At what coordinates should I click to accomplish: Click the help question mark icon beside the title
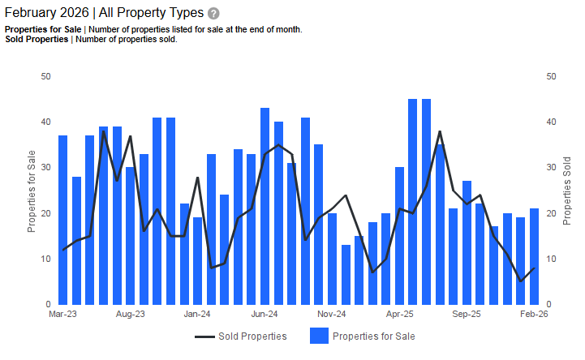(213, 14)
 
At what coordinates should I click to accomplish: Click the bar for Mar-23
(62, 220)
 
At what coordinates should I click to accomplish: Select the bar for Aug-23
(130, 235)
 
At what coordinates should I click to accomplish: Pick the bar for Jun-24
(265, 206)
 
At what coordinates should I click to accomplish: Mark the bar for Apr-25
(399, 235)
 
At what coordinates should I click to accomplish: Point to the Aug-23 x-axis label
(130, 313)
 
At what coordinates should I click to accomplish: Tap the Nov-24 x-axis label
(332, 313)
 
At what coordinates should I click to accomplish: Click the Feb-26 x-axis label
(534, 313)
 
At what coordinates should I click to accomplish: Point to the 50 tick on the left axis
(45, 76)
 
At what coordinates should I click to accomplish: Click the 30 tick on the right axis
(551, 168)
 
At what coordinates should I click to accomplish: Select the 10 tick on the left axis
(45, 259)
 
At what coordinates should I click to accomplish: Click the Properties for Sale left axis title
(32, 191)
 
